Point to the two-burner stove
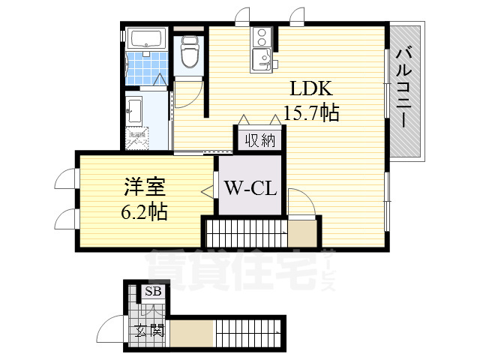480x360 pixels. coord(261,35)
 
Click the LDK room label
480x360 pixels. coord(307,88)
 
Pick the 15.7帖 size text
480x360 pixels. coord(311,113)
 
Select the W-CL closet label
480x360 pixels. coord(250,187)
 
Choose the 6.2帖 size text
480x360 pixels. coord(144,211)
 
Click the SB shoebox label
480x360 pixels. coord(152,292)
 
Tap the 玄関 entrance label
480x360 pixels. coord(149,331)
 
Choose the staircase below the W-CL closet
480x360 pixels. coord(245,232)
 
